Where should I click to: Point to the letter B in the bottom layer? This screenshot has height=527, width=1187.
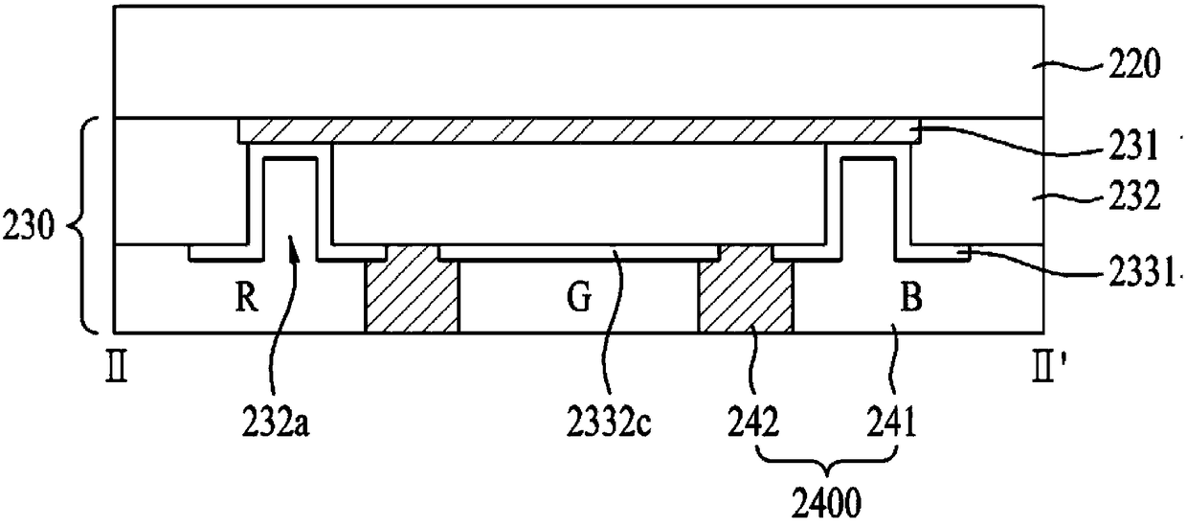pyautogui.click(x=912, y=298)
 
